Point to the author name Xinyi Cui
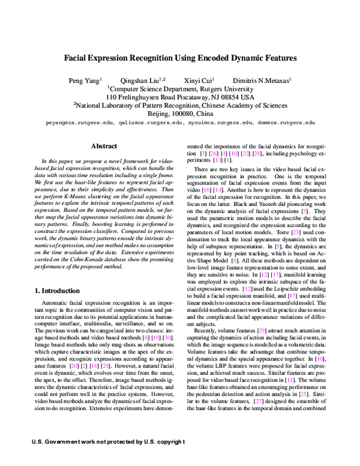(x=200, y=79)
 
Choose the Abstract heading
(x=103, y=146)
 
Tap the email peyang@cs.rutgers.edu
(x=79, y=122)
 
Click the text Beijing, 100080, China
(x=180, y=113)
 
